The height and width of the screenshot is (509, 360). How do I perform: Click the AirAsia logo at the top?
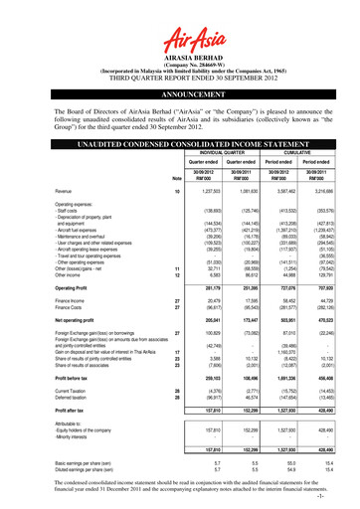(x=179, y=23)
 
